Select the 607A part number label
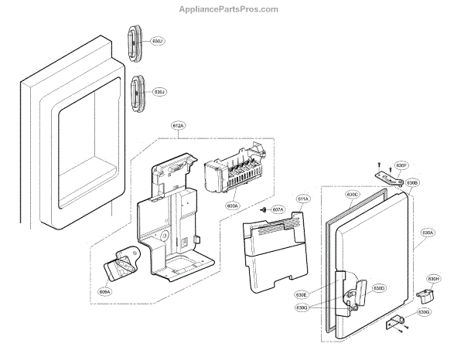pos(278,209)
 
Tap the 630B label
pos(413,182)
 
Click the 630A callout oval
pos(428,232)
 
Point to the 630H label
pos(433,279)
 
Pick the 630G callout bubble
pos(423,313)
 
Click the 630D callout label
pos(379,288)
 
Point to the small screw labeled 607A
pos(264,209)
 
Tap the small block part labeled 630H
pos(426,294)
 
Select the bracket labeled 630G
pos(395,321)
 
